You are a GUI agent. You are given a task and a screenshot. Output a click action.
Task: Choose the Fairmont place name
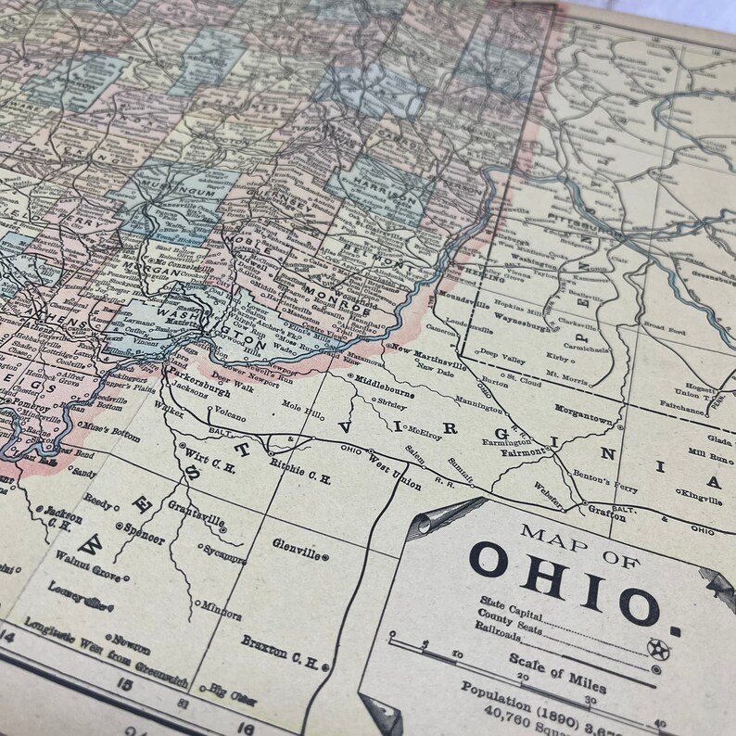(522, 451)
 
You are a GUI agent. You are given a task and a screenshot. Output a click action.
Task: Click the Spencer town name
(142, 539)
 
